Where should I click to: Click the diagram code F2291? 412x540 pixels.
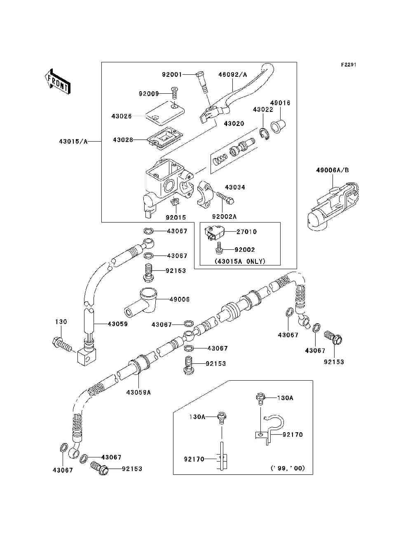[348, 65]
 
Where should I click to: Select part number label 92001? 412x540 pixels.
[171, 75]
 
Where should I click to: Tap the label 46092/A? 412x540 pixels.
[232, 75]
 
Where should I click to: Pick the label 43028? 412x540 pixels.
[123, 140]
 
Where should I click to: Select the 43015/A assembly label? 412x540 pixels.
[73, 141]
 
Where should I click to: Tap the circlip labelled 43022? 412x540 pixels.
[264, 135]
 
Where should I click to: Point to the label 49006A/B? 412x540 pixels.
[332, 170]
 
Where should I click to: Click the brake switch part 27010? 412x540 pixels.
[215, 233]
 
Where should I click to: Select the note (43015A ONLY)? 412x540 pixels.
[240, 261]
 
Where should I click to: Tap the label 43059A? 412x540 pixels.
[138, 392]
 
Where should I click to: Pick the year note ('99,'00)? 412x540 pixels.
[288, 468]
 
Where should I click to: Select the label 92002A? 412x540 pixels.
[224, 217]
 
